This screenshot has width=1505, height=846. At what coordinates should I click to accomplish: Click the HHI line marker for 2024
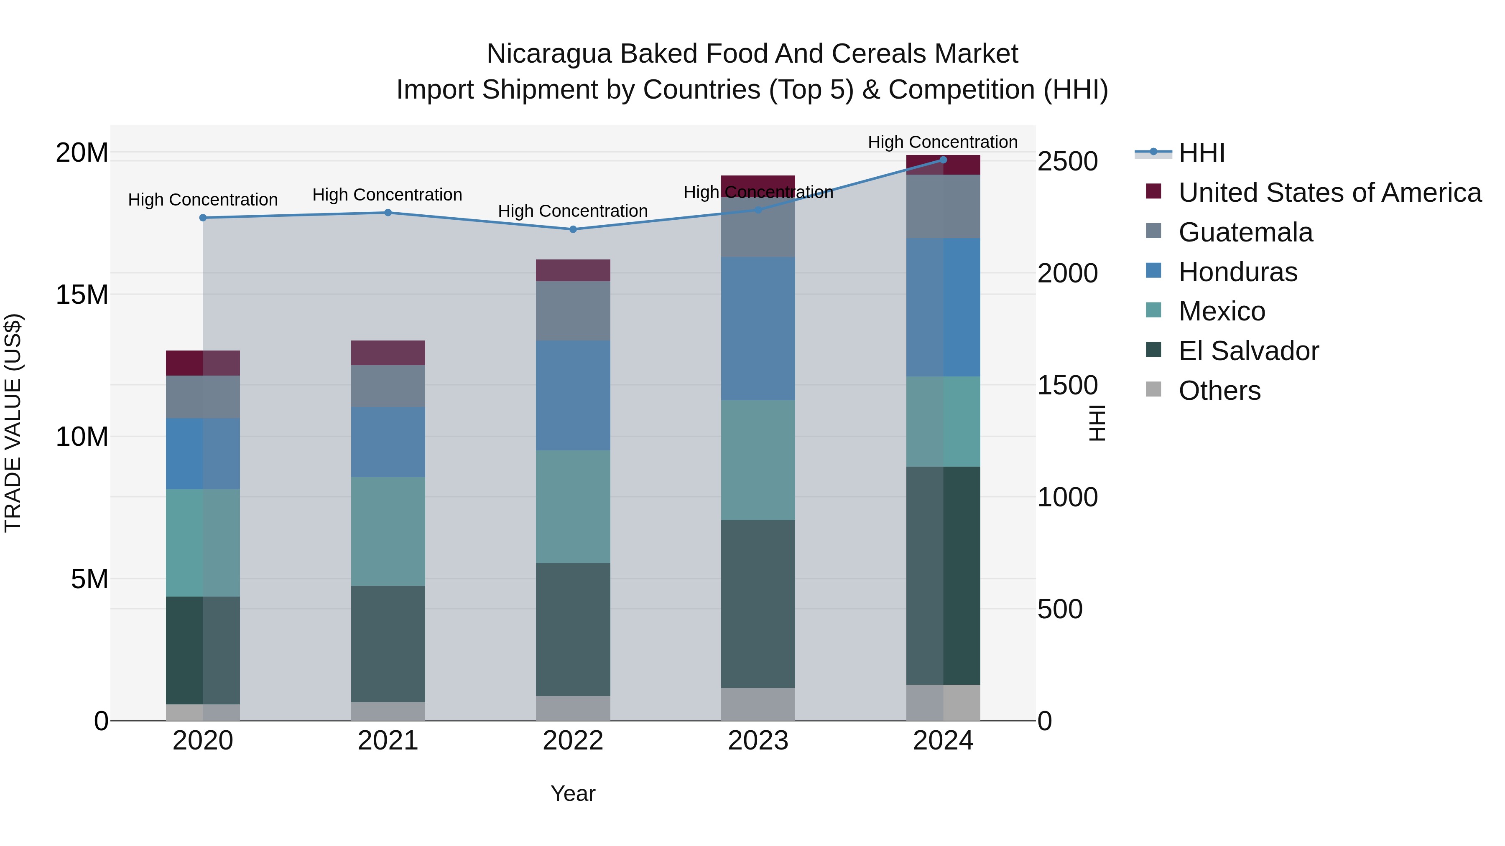(x=943, y=160)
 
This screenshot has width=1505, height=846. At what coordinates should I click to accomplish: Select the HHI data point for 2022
(x=573, y=229)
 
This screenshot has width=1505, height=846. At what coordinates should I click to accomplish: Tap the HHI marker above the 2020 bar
(x=203, y=218)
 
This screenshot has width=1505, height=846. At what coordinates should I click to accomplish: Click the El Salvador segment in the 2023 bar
(x=758, y=604)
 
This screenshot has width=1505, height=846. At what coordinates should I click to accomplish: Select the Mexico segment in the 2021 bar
(x=388, y=531)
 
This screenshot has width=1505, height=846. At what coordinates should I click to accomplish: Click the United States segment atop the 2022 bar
(x=573, y=270)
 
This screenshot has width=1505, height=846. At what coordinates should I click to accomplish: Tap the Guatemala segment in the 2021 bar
(x=388, y=386)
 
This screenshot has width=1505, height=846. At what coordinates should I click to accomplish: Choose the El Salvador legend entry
(x=1248, y=351)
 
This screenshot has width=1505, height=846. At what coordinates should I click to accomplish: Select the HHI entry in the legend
(x=1201, y=153)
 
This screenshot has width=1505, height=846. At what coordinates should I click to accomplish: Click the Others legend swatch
(x=1153, y=389)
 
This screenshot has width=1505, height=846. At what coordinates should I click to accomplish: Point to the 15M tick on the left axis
(x=82, y=295)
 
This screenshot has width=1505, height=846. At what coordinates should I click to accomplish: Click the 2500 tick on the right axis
(x=1067, y=162)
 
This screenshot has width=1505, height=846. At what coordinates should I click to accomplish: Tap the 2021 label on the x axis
(x=388, y=741)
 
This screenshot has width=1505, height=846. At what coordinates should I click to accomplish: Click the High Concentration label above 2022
(x=573, y=211)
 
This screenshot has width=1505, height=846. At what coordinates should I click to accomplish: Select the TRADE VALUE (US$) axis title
(x=13, y=423)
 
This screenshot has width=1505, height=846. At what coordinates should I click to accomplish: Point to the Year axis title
(x=573, y=793)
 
